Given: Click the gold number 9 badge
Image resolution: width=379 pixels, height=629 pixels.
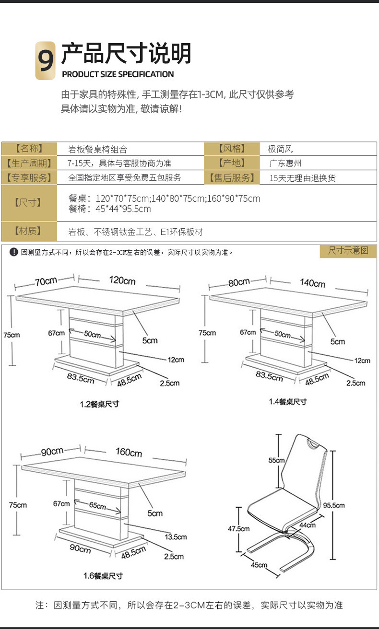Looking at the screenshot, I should (46, 61).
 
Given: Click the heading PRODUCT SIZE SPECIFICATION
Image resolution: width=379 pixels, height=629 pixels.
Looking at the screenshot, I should (118, 74).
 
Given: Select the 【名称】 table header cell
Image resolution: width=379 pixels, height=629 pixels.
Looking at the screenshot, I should (29, 149).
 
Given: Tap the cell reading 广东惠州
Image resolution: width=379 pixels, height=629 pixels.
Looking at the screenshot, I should (285, 163).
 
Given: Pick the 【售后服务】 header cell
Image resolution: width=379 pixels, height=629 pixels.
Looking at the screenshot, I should (231, 178).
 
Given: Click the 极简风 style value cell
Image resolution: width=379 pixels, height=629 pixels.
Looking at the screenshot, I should (280, 149).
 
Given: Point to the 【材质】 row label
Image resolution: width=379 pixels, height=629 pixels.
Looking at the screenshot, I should (29, 232).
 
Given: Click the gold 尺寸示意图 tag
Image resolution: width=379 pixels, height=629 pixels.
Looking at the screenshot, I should (348, 251).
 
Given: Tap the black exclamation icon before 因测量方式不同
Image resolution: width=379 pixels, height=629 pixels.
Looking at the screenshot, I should (14, 252).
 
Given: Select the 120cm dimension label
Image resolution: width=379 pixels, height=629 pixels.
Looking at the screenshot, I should (122, 280).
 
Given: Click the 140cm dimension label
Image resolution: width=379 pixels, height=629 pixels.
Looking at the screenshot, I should (312, 283).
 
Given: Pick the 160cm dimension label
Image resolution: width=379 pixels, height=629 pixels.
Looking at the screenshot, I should (129, 452).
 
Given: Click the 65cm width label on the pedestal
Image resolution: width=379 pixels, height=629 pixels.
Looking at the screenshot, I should (97, 505).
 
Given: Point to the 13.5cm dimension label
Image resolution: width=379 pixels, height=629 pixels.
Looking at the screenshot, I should (175, 537).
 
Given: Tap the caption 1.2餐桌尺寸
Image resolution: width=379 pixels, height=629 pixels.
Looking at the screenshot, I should (99, 404).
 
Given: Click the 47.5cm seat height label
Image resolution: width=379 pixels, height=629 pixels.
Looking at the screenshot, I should (238, 529).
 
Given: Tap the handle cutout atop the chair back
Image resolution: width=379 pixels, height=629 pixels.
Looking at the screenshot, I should (312, 444).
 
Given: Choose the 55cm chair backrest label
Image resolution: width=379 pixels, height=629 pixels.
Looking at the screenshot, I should (276, 460).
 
